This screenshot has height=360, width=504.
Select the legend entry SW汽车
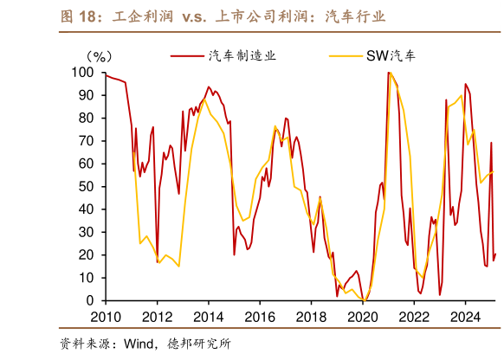397,56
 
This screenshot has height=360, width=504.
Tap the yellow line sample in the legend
349,56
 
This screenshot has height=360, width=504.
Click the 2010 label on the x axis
105,316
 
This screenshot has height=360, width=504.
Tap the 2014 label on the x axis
208,316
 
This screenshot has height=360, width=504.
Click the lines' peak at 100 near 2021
391,74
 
